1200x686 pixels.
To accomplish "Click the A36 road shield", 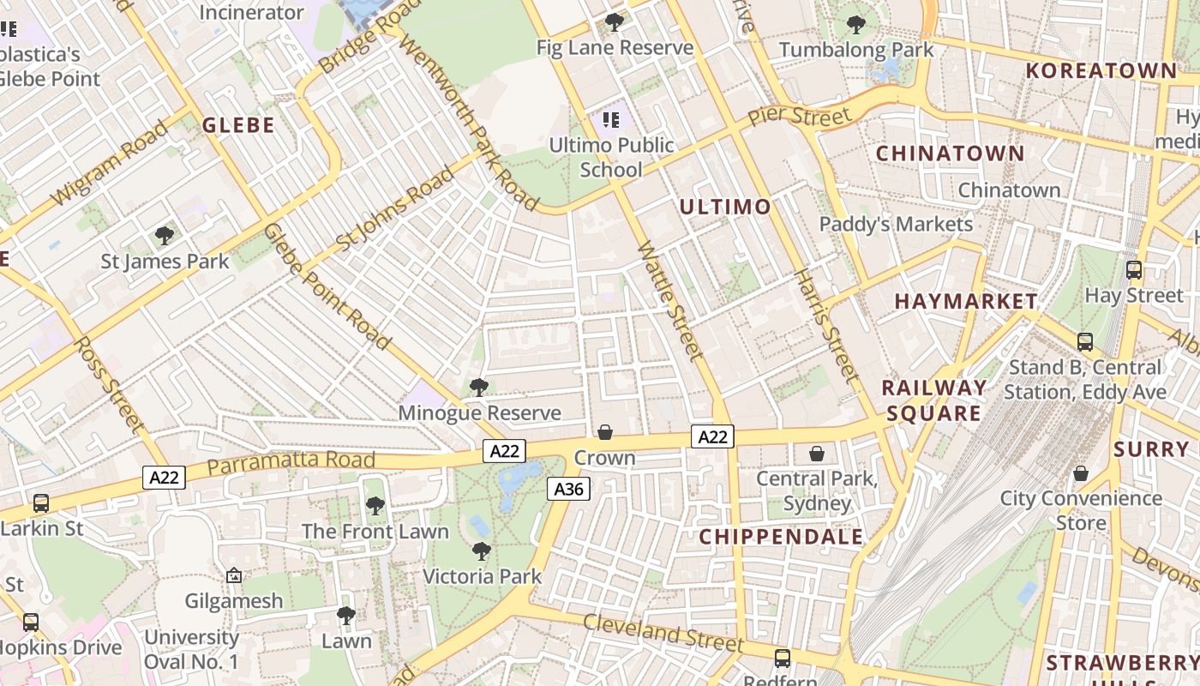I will pos(568,489).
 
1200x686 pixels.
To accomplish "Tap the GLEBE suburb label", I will pos(238,125).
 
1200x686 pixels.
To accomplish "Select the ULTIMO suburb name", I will pos(725,207).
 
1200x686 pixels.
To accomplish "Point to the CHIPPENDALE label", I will pos(781,537).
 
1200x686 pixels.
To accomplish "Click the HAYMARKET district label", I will pos(966,301).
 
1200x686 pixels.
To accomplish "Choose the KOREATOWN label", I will pos(1101,70).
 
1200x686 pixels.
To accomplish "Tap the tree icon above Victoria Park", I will pos(482,551).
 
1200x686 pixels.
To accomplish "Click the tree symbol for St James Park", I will pos(165,236).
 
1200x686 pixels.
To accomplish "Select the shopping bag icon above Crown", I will pos(605,432).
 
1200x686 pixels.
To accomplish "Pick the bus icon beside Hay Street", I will pos(1134,270).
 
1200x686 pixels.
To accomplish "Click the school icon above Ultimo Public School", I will pos(610,120).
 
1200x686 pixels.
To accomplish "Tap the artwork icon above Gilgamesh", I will pos(233,575).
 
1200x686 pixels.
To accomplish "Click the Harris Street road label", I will pos(826,326).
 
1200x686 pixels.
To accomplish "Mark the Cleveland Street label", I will pos(663,633).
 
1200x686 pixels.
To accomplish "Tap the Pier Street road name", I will pos(799,116).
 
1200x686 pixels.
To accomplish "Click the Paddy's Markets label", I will pos(896,225).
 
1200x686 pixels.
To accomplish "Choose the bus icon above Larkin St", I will pos(40,503).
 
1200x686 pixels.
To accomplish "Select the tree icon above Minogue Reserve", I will pos(479,388).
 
